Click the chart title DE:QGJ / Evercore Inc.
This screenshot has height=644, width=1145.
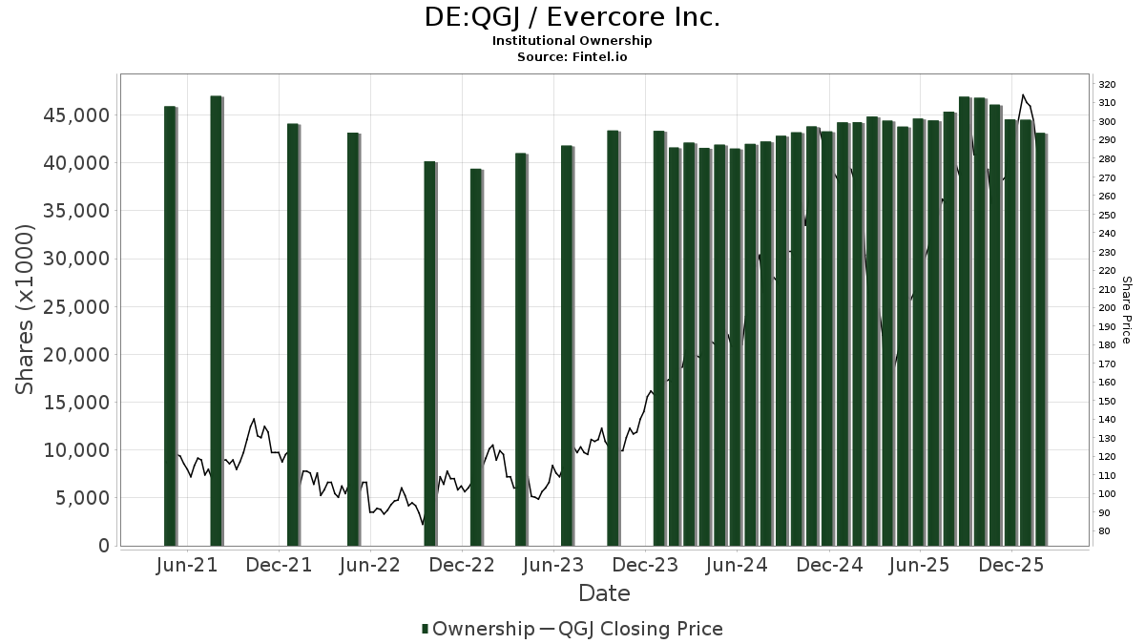[572, 17]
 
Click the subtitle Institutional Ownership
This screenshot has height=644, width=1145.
[572, 41]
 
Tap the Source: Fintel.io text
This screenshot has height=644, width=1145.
[572, 56]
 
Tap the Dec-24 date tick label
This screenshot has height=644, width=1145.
[830, 565]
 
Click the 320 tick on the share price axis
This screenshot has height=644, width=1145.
[1108, 84]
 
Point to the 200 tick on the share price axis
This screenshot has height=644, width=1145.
[1108, 307]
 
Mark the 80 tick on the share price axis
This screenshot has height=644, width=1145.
[1105, 530]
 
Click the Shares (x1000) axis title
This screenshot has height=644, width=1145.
[26, 309]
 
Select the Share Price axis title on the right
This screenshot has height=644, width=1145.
[1127, 309]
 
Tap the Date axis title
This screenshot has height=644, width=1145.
[604, 593]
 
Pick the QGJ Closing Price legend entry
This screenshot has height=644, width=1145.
[640, 629]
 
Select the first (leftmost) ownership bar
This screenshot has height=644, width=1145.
[170, 326]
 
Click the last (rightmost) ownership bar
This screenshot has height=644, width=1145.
[1040, 340]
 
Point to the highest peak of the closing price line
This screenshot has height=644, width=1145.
[1023, 95]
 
